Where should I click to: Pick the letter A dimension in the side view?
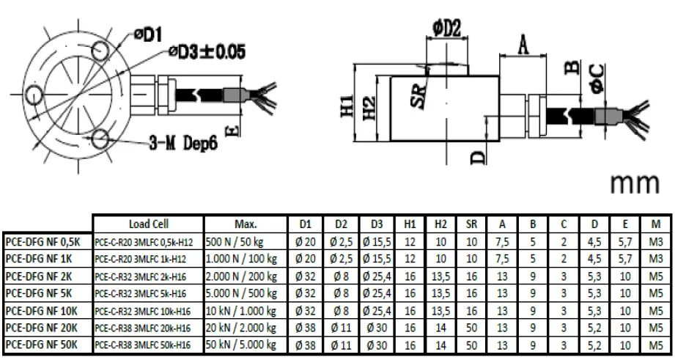coord(523,45)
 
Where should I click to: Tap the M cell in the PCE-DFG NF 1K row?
coord(655,257)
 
